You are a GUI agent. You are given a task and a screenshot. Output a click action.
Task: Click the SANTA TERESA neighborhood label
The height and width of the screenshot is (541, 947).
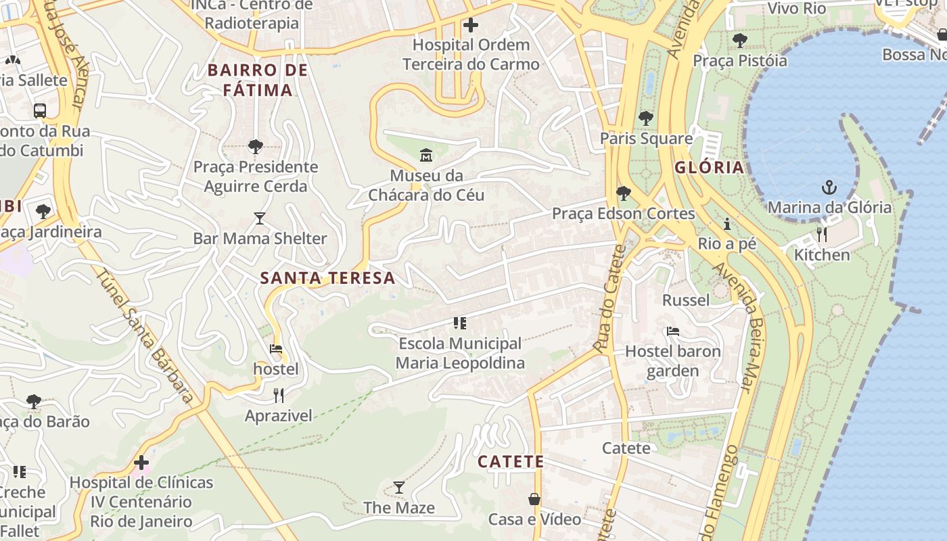327,278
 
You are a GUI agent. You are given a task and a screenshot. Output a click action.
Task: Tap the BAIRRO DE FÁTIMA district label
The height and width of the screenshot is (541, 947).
258,80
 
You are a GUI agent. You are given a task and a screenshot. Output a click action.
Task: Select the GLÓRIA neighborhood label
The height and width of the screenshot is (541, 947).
708,167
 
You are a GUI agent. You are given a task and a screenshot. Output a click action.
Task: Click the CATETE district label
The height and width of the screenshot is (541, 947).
511,462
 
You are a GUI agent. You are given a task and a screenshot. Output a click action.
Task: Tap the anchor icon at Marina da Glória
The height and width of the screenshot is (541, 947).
829,187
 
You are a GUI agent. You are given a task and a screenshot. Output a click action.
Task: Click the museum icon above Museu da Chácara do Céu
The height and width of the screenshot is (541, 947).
426,156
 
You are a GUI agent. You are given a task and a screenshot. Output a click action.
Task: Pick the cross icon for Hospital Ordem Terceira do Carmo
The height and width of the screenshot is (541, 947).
471,26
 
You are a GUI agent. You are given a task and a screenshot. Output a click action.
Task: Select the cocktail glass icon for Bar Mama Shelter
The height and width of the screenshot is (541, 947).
260,218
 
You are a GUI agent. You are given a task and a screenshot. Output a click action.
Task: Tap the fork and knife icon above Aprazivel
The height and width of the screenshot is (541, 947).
278,396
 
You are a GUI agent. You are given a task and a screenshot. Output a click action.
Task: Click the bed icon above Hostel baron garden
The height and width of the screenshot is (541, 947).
672,331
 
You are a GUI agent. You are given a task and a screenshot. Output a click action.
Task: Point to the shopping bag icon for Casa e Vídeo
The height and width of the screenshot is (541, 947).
534,499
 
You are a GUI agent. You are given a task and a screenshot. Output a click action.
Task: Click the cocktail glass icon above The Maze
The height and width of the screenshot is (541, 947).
399,488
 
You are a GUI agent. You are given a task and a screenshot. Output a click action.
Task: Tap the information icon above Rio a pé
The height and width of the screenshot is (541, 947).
727,224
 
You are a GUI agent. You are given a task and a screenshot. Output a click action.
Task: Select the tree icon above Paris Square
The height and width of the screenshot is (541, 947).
646,118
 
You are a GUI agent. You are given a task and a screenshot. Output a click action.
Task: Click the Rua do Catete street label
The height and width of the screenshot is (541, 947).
609,298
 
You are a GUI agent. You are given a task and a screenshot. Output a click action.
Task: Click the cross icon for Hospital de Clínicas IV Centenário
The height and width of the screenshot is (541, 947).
141,463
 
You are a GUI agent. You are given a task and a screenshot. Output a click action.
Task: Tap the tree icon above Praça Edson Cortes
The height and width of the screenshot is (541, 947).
623,194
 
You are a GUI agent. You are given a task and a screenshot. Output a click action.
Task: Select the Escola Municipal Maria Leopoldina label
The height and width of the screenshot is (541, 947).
460,353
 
